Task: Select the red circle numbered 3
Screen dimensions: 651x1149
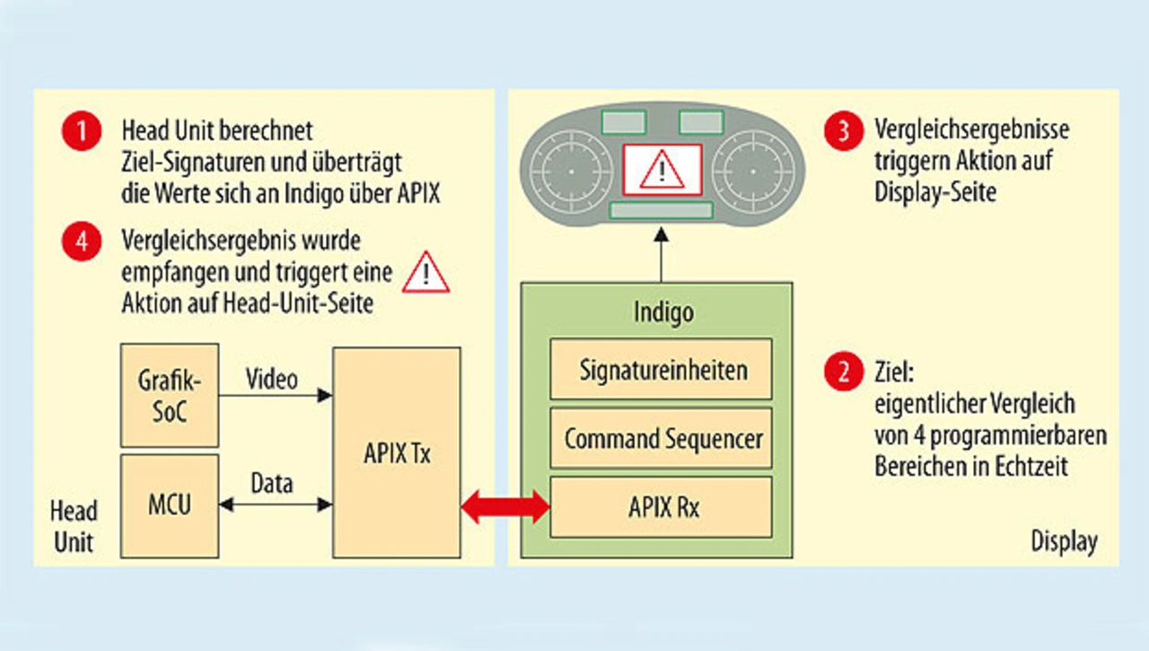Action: (x=843, y=133)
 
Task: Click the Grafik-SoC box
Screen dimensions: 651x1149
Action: (x=169, y=395)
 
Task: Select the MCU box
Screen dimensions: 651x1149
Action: (x=169, y=503)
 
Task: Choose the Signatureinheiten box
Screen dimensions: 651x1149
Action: (x=661, y=368)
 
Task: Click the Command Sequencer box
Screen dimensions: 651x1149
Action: (x=661, y=438)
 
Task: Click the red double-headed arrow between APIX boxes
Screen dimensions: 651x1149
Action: (x=505, y=506)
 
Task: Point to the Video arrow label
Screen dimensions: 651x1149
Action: (x=272, y=379)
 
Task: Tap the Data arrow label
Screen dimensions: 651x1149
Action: (x=272, y=484)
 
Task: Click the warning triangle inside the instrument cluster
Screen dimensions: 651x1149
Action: (x=662, y=170)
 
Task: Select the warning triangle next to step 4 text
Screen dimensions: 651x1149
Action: (x=425, y=273)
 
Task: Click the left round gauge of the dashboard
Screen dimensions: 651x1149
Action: (x=572, y=170)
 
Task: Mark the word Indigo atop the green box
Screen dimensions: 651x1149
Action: (x=662, y=312)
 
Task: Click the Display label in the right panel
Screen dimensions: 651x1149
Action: (x=1064, y=541)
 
